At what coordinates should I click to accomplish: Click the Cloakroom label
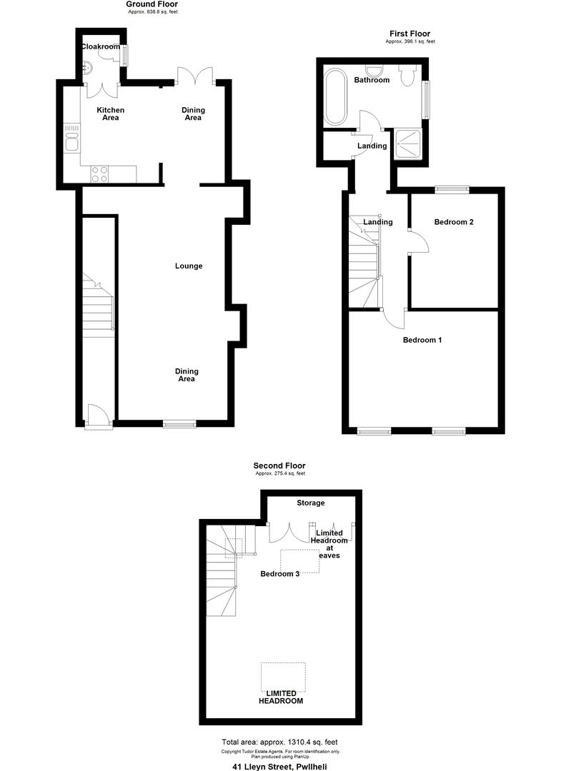coord(100,46)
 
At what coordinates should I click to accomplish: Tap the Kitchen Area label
coord(111,114)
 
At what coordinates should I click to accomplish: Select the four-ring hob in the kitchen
coord(99,173)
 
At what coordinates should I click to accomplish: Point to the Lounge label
coord(189,266)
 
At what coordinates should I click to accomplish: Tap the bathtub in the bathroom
coord(335,97)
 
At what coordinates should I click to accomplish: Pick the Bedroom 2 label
coord(454,222)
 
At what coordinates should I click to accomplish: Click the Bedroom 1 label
coord(422,340)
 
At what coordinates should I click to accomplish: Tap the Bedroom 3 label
coord(279,574)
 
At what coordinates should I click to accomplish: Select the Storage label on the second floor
coord(311,503)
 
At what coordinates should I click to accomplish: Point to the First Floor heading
coord(409,34)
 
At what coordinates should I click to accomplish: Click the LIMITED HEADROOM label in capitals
coord(281,697)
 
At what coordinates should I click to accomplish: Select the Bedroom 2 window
coord(452,189)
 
